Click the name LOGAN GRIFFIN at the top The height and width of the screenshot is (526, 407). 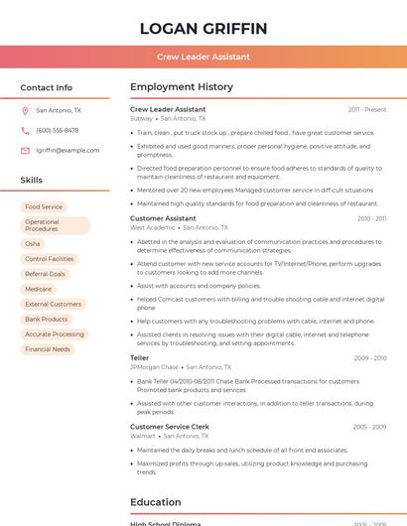(x=203, y=28)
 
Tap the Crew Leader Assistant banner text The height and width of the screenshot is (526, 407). (x=203, y=57)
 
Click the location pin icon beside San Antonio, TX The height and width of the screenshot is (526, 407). (x=25, y=111)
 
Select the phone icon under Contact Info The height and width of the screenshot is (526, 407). (x=25, y=131)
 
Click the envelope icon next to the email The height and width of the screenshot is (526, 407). (x=25, y=151)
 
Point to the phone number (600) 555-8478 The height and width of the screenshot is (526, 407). (x=57, y=131)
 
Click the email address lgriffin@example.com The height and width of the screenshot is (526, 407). (x=68, y=151)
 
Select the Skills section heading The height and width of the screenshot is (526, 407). (x=31, y=180)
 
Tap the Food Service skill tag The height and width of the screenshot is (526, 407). (x=44, y=207)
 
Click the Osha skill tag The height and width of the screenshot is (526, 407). (x=33, y=243)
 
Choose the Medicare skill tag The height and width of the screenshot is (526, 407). (x=39, y=289)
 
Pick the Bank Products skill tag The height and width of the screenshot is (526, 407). (x=47, y=320)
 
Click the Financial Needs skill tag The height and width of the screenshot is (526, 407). (x=48, y=349)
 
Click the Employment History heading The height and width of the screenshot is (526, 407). (x=182, y=87)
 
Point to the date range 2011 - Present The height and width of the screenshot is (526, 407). (x=367, y=109)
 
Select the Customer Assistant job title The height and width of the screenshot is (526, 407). (x=163, y=218)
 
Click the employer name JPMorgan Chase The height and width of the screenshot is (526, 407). (x=154, y=367)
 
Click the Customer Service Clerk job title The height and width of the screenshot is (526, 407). (x=171, y=427)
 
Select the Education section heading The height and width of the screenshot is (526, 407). (x=155, y=502)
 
